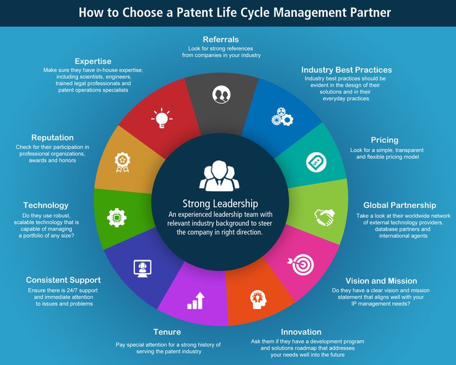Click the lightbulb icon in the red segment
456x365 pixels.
pos(161,118)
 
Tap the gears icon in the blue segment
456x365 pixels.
pos(283,117)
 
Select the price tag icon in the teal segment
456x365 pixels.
pos(316,163)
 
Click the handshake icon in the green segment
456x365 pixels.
pos(323,217)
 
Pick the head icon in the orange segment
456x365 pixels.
pos(257,299)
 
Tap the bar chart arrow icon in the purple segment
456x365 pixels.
pos(196,301)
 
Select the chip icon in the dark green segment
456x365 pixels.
pos(115,217)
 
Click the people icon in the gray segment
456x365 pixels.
pos(221,94)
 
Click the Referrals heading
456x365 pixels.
pos(221,39)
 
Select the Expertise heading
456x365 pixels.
pos(93,61)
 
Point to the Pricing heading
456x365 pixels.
pos(384,140)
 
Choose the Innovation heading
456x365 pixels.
pos(301,331)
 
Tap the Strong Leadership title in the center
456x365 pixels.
pos(220,204)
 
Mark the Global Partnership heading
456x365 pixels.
pos(400,205)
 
